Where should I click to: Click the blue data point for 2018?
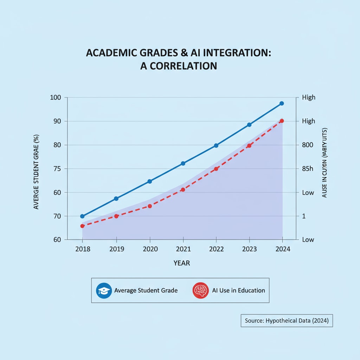[x=82, y=216]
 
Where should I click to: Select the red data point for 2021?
[x=183, y=189]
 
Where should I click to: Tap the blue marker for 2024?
[x=282, y=103]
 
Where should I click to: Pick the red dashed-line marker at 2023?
[x=249, y=146]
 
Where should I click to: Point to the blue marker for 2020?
[x=149, y=181]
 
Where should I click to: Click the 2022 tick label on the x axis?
[x=216, y=249]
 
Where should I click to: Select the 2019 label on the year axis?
[x=116, y=249]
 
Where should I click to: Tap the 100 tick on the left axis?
[x=56, y=97]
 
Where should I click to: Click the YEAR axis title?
[x=182, y=263]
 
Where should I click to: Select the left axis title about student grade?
[x=36, y=172]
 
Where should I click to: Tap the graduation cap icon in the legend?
[x=104, y=291]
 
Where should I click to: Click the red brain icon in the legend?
[x=201, y=291]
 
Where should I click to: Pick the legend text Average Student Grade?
[x=146, y=291]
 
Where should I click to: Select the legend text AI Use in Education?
[x=238, y=291]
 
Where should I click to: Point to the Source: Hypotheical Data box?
[x=287, y=321]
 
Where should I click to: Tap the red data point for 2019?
[x=116, y=216]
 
